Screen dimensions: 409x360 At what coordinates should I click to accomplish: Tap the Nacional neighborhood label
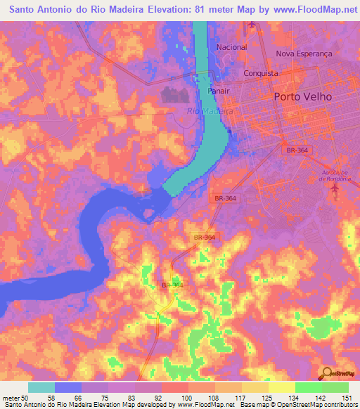tap(232, 47)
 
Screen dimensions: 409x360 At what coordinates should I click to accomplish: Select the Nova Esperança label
tap(303, 53)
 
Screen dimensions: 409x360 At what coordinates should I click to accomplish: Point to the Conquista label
tap(261, 73)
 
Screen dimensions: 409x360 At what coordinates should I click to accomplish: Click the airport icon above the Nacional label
tap(251, 25)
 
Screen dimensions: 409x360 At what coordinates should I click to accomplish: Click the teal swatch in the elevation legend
tap(41, 387)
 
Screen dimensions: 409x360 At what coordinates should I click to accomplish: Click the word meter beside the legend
tap(11, 397)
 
